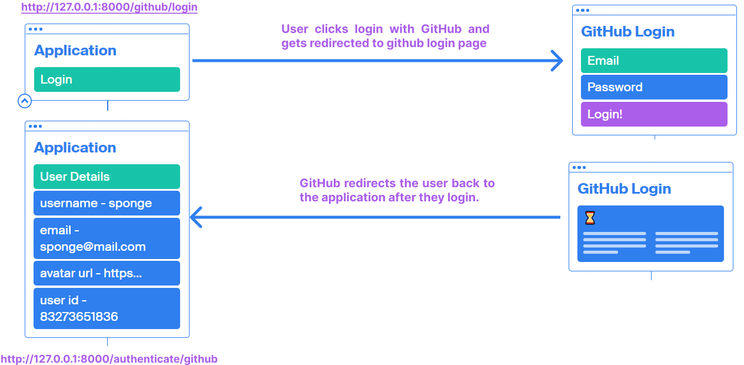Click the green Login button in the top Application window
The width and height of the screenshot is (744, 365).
tap(107, 79)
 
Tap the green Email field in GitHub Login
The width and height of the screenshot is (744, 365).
tap(653, 61)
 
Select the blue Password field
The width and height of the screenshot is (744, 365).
tap(653, 87)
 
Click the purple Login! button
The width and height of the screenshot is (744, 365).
tap(653, 114)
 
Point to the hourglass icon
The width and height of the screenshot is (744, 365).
tap(590, 218)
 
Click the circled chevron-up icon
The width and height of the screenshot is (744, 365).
tap(24, 101)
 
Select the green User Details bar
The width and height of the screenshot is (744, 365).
tap(107, 177)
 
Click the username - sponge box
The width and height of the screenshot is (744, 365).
tap(107, 203)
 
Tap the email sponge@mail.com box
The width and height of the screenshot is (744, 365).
tap(107, 238)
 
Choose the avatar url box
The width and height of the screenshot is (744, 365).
tap(107, 273)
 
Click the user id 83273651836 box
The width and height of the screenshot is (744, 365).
tap(107, 308)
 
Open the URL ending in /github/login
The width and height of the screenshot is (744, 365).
tap(109, 8)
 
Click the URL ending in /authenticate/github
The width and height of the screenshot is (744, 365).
tap(109, 359)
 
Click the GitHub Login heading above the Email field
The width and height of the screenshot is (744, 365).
tap(627, 32)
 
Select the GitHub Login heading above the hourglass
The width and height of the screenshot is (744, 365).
tap(624, 189)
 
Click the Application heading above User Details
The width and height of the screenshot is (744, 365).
tap(75, 148)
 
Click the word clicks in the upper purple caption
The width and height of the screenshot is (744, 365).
tap(331, 29)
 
